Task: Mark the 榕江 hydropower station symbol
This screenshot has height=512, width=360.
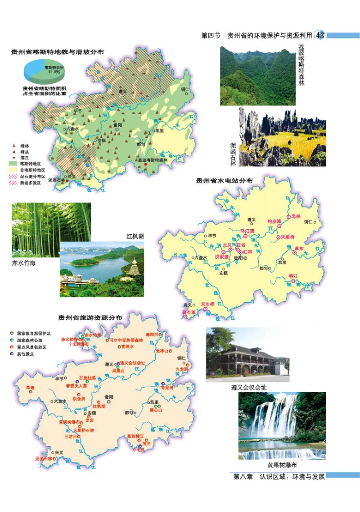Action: coord(293,281)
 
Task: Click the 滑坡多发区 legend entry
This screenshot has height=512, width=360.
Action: coord(30,183)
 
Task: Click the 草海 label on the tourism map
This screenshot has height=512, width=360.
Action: coord(30,387)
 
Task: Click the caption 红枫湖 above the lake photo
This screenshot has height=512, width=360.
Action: coord(135,236)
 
